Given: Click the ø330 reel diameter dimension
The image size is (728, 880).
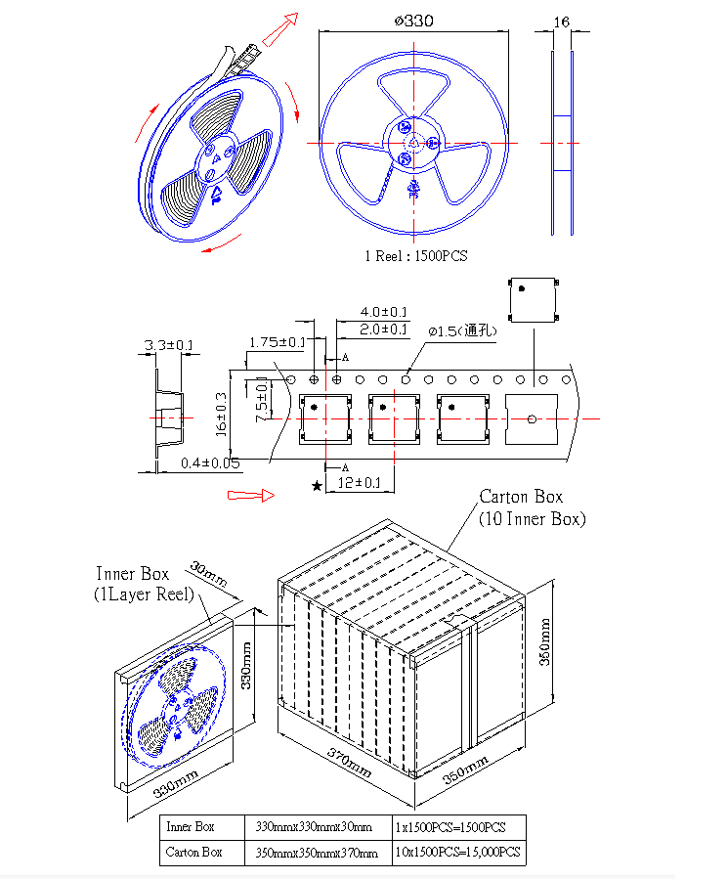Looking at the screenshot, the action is pyautogui.click(x=414, y=22).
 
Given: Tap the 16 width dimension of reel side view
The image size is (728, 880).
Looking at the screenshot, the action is pyautogui.click(x=562, y=22).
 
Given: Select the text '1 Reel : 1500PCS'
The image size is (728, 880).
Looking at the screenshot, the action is pyautogui.click(x=415, y=256).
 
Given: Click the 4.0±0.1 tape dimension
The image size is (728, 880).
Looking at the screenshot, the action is pyautogui.click(x=383, y=312).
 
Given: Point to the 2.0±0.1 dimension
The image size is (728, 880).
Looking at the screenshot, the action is pyautogui.click(x=383, y=330).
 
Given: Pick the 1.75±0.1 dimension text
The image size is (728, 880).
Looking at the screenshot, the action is pyautogui.click(x=278, y=342).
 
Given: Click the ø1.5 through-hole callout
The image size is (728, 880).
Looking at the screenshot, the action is pyautogui.click(x=463, y=330).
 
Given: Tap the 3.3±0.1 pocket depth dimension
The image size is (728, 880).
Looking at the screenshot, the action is pyautogui.click(x=168, y=344).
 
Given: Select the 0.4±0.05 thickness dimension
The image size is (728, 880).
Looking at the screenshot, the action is pyautogui.click(x=210, y=463).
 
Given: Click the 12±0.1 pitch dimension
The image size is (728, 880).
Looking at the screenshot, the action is pyautogui.click(x=359, y=482).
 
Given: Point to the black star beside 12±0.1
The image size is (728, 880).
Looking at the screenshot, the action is pyautogui.click(x=317, y=485).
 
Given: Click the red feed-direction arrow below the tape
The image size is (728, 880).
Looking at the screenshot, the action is pyautogui.click(x=251, y=495).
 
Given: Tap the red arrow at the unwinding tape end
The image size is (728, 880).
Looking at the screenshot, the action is pyautogui.click(x=279, y=29).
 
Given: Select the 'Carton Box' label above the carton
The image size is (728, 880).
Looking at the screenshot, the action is pyautogui.click(x=521, y=497).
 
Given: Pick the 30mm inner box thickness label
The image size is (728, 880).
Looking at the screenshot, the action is pyautogui.click(x=208, y=574).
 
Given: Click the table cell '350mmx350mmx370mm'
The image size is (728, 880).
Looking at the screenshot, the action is pyautogui.click(x=317, y=853).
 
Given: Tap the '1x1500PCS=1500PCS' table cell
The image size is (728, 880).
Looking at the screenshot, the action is pyautogui.click(x=450, y=827).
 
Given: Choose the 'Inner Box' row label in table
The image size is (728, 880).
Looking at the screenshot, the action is pyautogui.click(x=191, y=826).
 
